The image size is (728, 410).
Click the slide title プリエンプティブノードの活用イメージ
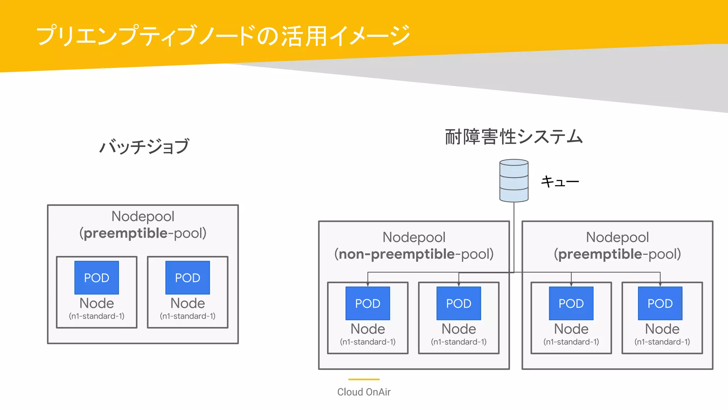click(x=223, y=36)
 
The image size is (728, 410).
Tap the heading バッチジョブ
click(x=144, y=146)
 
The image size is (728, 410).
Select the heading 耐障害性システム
click(x=514, y=137)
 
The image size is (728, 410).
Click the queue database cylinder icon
click(x=514, y=180)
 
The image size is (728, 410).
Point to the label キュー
click(x=560, y=182)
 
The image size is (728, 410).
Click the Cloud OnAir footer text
click(x=364, y=392)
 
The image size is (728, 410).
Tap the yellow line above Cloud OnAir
click(x=364, y=379)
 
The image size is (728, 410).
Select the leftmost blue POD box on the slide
click(x=97, y=278)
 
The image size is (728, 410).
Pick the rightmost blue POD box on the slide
click(x=660, y=303)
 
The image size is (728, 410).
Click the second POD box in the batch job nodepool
click(x=188, y=278)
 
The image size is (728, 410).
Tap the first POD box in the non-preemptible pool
click(x=368, y=303)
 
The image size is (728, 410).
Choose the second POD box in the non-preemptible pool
click(x=459, y=303)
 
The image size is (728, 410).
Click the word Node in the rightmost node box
click(x=662, y=329)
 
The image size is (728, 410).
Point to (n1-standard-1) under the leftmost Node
click(x=97, y=316)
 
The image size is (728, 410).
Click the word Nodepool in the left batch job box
click(x=143, y=216)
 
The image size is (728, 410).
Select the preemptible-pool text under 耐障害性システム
click(x=617, y=254)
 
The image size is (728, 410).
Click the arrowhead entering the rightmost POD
click(x=660, y=285)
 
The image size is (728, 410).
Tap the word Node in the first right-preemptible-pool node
click(x=571, y=329)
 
